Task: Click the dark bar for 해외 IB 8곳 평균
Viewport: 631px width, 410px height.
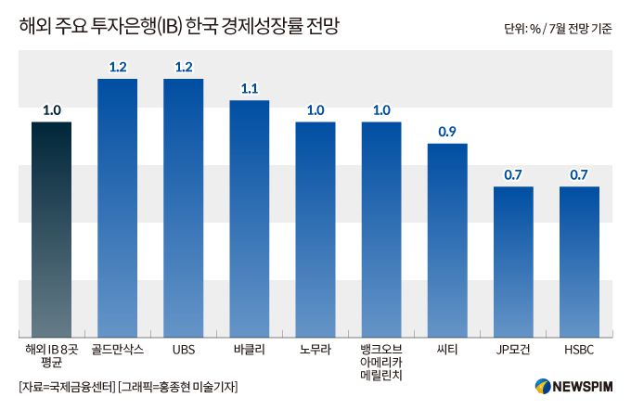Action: click(x=51, y=230)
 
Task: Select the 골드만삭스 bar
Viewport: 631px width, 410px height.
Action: click(x=118, y=209)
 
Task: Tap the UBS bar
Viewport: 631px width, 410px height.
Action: click(x=184, y=209)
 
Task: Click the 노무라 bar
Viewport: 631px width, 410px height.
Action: click(x=315, y=230)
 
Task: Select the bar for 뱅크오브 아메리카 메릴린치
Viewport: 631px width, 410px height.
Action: click(x=381, y=230)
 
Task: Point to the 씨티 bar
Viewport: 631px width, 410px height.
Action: click(x=447, y=241)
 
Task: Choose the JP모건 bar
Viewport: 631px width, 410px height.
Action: click(x=513, y=263)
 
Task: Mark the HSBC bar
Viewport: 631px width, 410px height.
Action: click(x=579, y=263)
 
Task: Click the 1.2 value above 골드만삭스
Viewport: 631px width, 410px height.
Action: click(x=118, y=67)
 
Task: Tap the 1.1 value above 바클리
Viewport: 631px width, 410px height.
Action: click(x=250, y=89)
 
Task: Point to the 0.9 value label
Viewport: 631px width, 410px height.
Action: click(x=447, y=132)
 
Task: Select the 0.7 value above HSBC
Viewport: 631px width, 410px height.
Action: click(x=579, y=175)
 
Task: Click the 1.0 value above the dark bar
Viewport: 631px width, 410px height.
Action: click(x=51, y=110)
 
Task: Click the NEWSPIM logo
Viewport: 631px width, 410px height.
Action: click(x=575, y=386)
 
